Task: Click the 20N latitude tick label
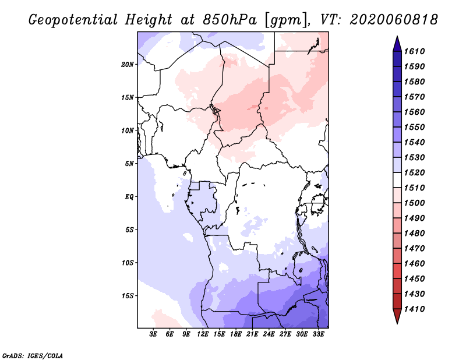tap(128, 64)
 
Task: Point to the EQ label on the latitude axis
tap(129, 197)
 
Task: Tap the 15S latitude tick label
tap(128, 296)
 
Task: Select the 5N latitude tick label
tap(129, 164)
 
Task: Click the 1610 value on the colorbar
tap(416, 51)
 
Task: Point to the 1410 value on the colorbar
tap(416, 309)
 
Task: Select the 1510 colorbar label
tap(416, 188)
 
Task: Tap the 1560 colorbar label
tap(416, 112)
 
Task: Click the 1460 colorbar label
tap(416, 263)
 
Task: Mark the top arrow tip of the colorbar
tap(396, 37)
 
